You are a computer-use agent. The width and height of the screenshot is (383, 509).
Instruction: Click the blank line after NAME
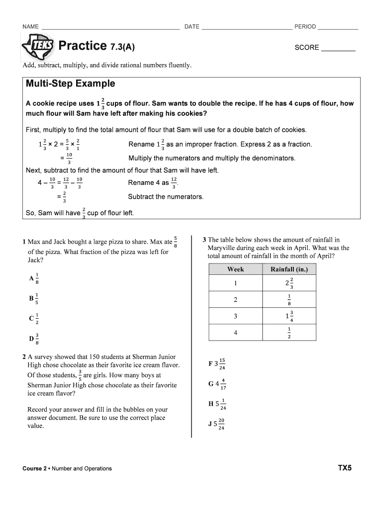[110, 28]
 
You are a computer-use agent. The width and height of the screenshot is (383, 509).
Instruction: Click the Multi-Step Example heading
[70, 84]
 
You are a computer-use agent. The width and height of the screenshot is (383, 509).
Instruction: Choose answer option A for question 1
[34, 279]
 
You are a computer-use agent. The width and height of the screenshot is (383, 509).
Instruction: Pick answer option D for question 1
[34, 339]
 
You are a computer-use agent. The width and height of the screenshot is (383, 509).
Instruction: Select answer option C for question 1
[34, 319]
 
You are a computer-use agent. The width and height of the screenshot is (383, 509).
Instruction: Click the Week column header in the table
[235, 269]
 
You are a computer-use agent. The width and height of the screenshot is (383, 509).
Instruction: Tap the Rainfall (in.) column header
[289, 269]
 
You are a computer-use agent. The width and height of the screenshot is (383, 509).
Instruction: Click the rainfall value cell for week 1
[289, 283]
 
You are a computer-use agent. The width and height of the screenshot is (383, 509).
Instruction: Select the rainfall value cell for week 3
[289, 316]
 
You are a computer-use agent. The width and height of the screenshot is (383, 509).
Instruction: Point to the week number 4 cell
[235, 332]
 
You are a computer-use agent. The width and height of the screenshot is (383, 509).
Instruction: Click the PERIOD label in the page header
[305, 27]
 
